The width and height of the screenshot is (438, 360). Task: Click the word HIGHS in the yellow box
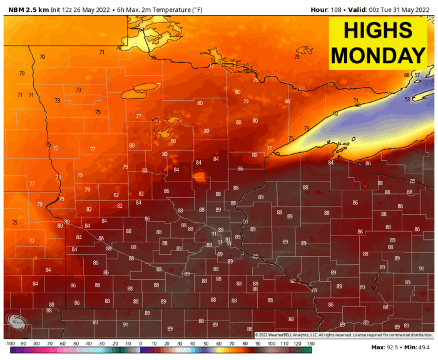(378, 30)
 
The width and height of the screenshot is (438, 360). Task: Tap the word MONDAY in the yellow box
(378, 54)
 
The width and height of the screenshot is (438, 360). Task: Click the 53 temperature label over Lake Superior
(407, 99)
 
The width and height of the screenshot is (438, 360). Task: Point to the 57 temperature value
(417, 75)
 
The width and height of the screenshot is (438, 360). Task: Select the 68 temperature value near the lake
(407, 75)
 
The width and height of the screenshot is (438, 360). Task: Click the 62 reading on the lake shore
(335, 113)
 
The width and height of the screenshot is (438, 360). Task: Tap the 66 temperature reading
(358, 105)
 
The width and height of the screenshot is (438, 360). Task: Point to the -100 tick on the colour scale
(10, 344)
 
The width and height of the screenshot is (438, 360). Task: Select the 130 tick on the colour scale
(310, 344)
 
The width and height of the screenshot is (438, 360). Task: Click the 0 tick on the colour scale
(140, 344)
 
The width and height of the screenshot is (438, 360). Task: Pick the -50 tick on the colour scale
(75, 344)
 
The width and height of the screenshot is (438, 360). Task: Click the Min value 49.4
(424, 347)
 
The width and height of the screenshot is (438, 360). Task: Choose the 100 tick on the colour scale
(270, 344)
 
